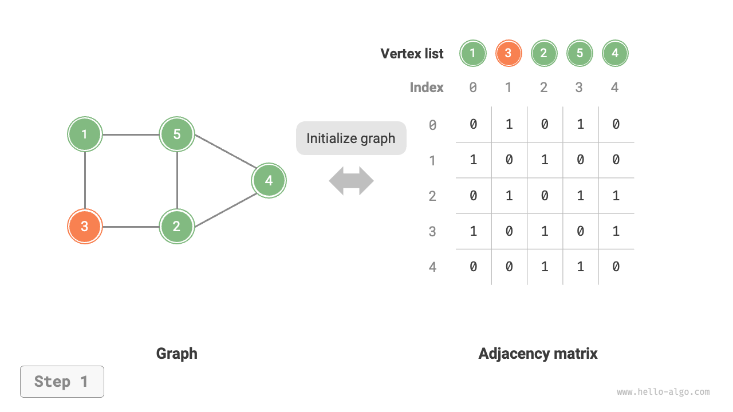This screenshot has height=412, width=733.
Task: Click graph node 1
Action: (x=85, y=134)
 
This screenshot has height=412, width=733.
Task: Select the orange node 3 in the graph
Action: (x=85, y=226)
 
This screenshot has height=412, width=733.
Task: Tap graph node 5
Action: (x=177, y=134)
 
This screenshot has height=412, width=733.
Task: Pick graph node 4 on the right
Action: (x=269, y=181)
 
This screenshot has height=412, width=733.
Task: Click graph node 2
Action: (x=177, y=226)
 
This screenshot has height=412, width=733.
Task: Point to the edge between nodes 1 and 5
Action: (x=131, y=135)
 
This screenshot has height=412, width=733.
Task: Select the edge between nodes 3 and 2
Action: (x=131, y=227)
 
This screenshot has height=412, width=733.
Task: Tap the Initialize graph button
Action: (x=351, y=138)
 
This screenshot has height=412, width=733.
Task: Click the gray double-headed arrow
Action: (x=351, y=181)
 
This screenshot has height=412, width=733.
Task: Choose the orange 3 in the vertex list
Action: (x=508, y=54)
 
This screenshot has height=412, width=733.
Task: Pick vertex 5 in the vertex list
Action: (x=580, y=54)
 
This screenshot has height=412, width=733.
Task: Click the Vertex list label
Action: (x=412, y=54)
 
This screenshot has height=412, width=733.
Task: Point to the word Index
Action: (x=427, y=88)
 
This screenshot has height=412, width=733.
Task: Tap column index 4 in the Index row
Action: (x=615, y=88)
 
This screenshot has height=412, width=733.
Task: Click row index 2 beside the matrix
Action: (x=432, y=196)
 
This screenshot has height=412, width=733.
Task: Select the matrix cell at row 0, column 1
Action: (x=509, y=124)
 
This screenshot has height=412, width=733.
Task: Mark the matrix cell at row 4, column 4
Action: (x=616, y=267)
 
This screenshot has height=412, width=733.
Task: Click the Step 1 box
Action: (x=62, y=382)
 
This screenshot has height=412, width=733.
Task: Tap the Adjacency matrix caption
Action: (x=538, y=354)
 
